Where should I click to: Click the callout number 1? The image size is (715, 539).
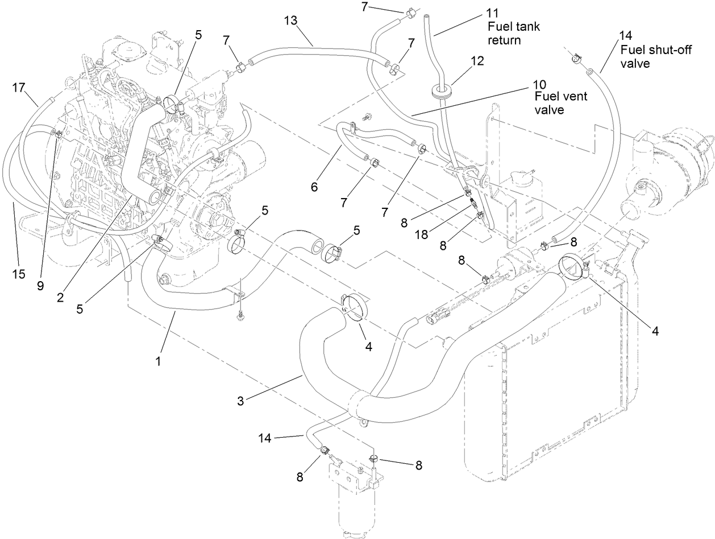point(159,361)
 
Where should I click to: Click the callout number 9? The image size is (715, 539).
point(40,286)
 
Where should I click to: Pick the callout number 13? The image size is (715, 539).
point(292,21)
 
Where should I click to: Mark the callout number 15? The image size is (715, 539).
point(19,274)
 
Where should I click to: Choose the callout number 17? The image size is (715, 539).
point(19,87)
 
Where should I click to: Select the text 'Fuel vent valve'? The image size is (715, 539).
point(560,102)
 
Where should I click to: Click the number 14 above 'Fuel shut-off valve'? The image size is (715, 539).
point(625,36)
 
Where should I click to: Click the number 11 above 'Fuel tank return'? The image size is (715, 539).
point(492,13)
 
